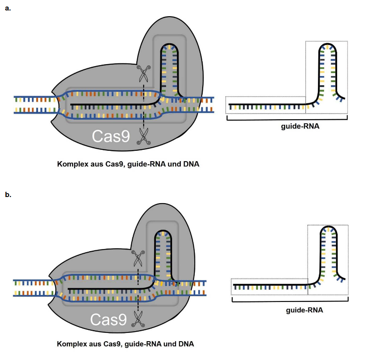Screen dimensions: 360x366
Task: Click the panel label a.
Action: coord(7,8)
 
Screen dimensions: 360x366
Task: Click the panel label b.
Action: coord(7,194)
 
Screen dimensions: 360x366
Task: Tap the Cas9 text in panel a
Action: coord(110,137)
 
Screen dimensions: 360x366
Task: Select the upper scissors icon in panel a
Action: coord(143,73)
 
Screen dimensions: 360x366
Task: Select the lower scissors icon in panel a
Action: coord(144,136)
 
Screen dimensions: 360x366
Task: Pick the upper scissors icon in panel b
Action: coord(138,259)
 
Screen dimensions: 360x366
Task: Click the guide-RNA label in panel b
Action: coord(304,311)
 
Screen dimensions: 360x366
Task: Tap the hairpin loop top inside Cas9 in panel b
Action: coord(163,230)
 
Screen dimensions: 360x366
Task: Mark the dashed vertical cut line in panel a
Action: coord(144,105)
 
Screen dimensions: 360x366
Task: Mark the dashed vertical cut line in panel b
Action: coord(138,288)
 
